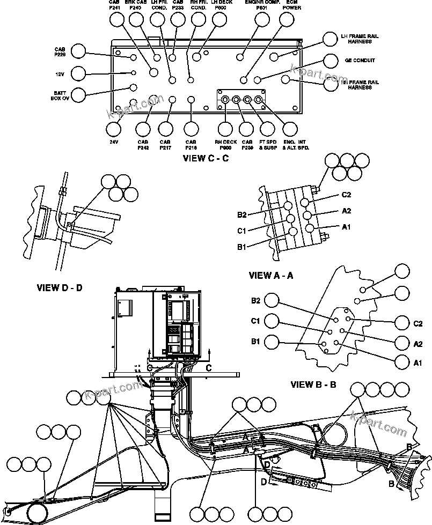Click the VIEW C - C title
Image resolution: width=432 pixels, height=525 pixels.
pyautogui.click(x=206, y=158)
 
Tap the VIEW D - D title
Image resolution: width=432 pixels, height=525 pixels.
pyautogui.click(x=60, y=287)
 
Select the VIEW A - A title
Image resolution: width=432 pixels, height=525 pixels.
pyautogui.click(x=272, y=275)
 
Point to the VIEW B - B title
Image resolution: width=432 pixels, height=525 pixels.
pyautogui.click(x=313, y=384)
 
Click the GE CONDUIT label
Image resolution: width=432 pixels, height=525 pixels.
pyautogui.click(x=360, y=61)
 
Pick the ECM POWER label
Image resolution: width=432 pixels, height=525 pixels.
pyautogui.click(x=291, y=6)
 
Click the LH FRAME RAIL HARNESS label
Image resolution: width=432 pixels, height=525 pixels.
pyautogui.click(x=360, y=39)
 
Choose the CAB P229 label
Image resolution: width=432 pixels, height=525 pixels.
pyautogui.click(x=60, y=51)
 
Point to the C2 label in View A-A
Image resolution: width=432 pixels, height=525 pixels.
pyautogui.click(x=346, y=195)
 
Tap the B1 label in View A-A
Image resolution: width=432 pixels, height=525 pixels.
pyautogui.click(x=241, y=247)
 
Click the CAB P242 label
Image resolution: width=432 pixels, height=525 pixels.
pyautogui.click(x=143, y=144)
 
